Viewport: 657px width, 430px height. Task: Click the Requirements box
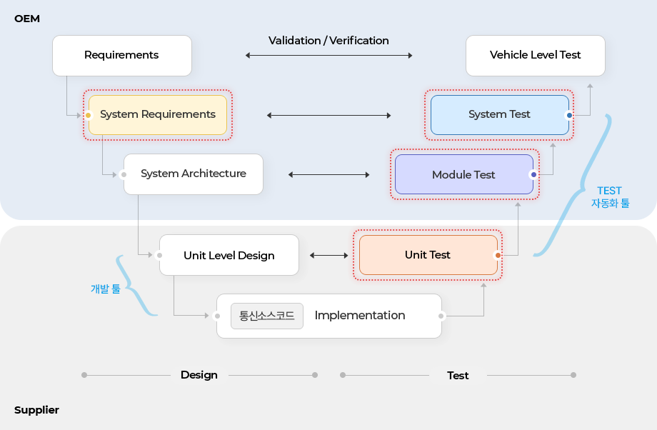point(122,55)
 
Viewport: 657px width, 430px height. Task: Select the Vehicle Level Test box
point(536,55)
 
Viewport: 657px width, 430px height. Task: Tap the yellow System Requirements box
point(158,115)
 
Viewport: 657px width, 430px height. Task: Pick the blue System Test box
point(500,115)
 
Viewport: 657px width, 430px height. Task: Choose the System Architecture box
point(194,174)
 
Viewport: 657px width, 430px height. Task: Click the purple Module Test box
point(464,174)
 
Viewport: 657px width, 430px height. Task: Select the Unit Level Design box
point(229,255)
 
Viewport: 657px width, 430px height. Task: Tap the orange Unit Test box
point(428,255)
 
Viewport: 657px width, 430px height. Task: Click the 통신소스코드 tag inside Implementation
point(267,316)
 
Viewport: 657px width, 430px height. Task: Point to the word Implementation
point(360,315)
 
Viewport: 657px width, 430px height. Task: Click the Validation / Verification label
point(329,41)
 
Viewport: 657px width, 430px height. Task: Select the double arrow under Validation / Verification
point(329,55)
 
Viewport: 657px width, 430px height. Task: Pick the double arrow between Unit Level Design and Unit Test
point(329,255)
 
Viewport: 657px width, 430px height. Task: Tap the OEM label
point(27,19)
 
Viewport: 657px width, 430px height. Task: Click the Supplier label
point(36,410)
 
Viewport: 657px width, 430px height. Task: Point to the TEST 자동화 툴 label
point(610,197)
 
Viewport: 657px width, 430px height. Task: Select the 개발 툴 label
point(106,289)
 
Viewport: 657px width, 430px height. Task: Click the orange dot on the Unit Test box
point(498,255)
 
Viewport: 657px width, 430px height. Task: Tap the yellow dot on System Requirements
point(89,115)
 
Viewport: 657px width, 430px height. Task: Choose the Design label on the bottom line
point(199,375)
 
